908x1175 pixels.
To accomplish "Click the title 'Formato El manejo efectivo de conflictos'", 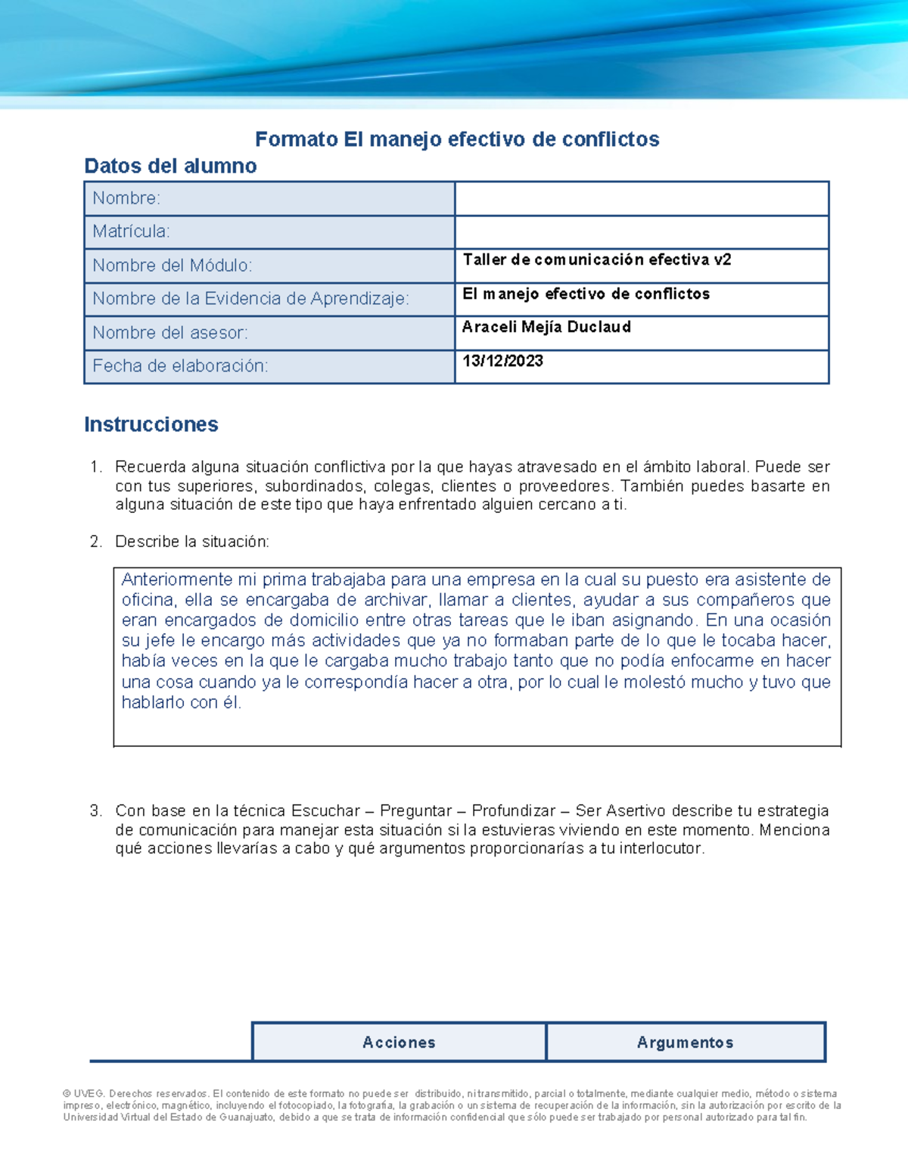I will pyautogui.click(x=457, y=139).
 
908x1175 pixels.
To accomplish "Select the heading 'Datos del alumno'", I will pyautogui.click(x=170, y=166).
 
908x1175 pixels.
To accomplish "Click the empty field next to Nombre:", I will pyautogui.click(x=641, y=199).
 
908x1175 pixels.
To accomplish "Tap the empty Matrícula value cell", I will pyautogui.click(x=641, y=232).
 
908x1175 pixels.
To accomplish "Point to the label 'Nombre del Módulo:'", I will pyautogui.click(x=173, y=266).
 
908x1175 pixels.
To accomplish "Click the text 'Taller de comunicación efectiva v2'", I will pyautogui.click(x=596, y=260).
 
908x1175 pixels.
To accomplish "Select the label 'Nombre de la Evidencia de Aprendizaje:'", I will pyautogui.click(x=250, y=299).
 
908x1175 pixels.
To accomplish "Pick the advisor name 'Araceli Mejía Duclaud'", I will pyautogui.click(x=546, y=327).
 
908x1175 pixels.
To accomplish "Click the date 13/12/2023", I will pyautogui.click(x=502, y=361).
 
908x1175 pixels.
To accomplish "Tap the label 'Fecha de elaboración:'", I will pyautogui.click(x=180, y=366).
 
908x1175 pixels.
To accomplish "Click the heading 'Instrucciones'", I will pyautogui.click(x=151, y=424).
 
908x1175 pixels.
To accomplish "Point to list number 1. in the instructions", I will pyautogui.click(x=95, y=467).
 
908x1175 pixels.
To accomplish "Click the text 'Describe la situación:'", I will pyautogui.click(x=192, y=542).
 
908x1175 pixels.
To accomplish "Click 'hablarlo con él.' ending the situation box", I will pyautogui.click(x=182, y=702).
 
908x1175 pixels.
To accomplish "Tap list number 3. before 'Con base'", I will pyautogui.click(x=95, y=811).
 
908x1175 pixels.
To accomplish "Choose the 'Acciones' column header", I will pyautogui.click(x=399, y=1043).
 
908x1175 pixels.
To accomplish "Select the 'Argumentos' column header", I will pyautogui.click(x=685, y=1043).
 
